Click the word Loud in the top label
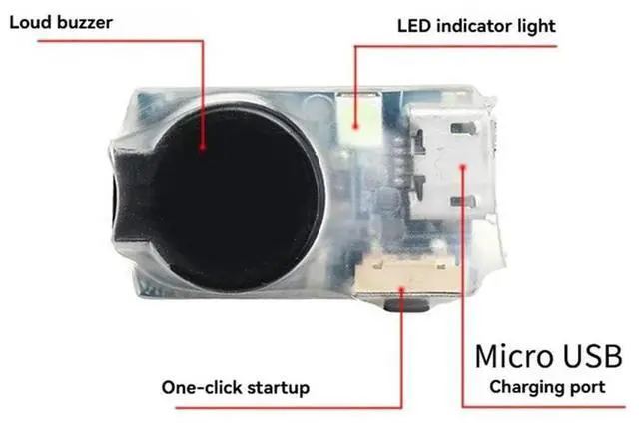[x=32, y=21]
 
